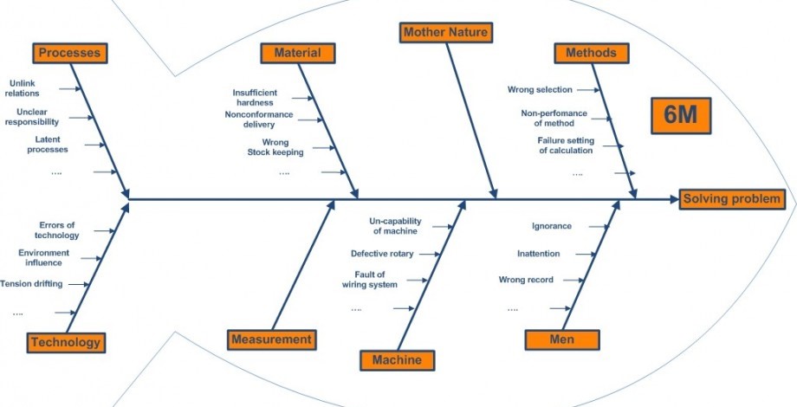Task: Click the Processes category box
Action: (69, 53)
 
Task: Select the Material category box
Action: (297, 53)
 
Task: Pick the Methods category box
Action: (591, 53)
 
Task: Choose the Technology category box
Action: (66, 342)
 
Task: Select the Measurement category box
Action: (271, 339)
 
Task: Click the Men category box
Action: (561, 339)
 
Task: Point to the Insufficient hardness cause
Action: (255, 97)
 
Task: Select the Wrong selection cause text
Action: (540, 89)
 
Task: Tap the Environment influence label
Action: (43, 257)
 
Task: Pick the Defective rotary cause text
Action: (382, 254)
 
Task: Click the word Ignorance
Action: (552, 226)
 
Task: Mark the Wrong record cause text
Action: (526, 280)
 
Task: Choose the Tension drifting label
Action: (31, 283)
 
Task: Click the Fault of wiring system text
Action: (370, 279)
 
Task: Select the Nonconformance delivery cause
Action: (258, 119)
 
